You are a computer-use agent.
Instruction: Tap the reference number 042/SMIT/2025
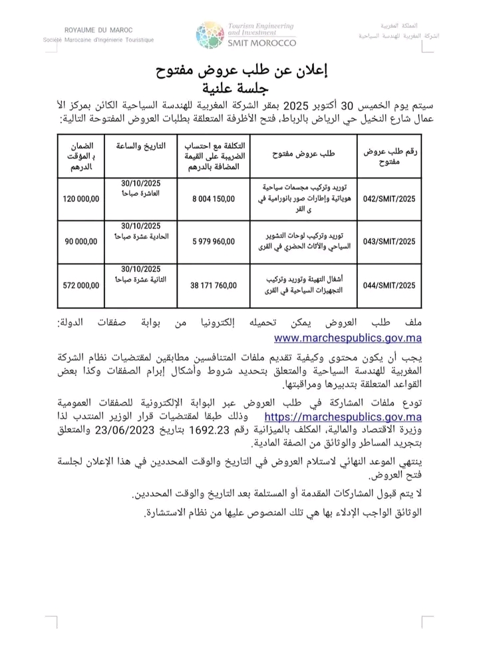pyautogui.click(x=389, y=198)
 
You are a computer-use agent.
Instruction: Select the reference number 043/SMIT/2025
pyautogui.click(x=389, y=242)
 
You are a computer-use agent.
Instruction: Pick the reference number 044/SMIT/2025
pyautogui.click(x=389, y=285)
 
